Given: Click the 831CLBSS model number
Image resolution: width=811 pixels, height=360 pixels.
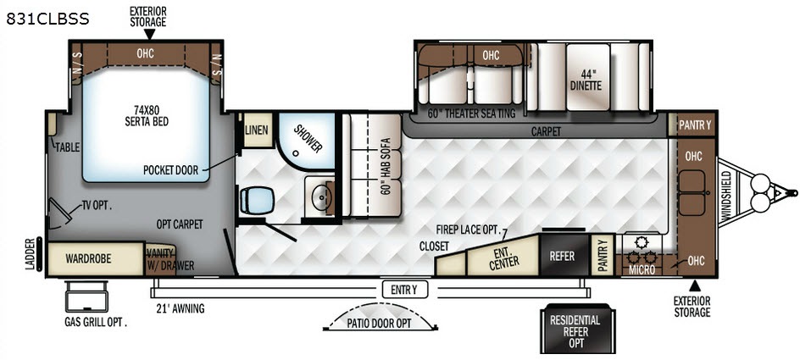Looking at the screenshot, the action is pyautogui.click(x=47, y=19).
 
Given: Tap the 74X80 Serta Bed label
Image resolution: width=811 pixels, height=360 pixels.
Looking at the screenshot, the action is pyautogui.click(x=147, y=115).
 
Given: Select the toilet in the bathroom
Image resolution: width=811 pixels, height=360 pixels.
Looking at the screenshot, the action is pyautogui.click(x=257, y=200).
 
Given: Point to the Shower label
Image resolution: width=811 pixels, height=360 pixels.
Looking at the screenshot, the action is pyautogui.click(x=308, y=138).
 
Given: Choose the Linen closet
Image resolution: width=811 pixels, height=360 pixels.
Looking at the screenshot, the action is pyautogui.click(x=257, y=130).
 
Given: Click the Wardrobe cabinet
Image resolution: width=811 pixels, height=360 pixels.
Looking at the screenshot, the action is pyautogui.click(x=96, y=258).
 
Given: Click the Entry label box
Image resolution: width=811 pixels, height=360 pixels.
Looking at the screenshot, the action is pyautogui.click(x=405, y=291).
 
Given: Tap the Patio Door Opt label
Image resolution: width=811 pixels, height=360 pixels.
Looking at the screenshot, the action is pyautogui.click(x=381, y=324).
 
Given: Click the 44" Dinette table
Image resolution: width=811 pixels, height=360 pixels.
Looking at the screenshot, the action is pyautogui.click(x=587, y=76).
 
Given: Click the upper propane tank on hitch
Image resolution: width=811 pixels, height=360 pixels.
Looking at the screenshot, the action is pyautogui.click(x=760, y=182).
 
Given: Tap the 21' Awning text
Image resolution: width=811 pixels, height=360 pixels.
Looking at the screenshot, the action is pyautogui.click(x=181, y=309).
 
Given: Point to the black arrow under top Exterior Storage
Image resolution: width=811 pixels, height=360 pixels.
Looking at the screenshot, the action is pyautogui.click(x=149, y=34).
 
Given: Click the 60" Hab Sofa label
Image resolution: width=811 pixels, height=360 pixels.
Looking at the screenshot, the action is pyautogui.click(x=386, y=165).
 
